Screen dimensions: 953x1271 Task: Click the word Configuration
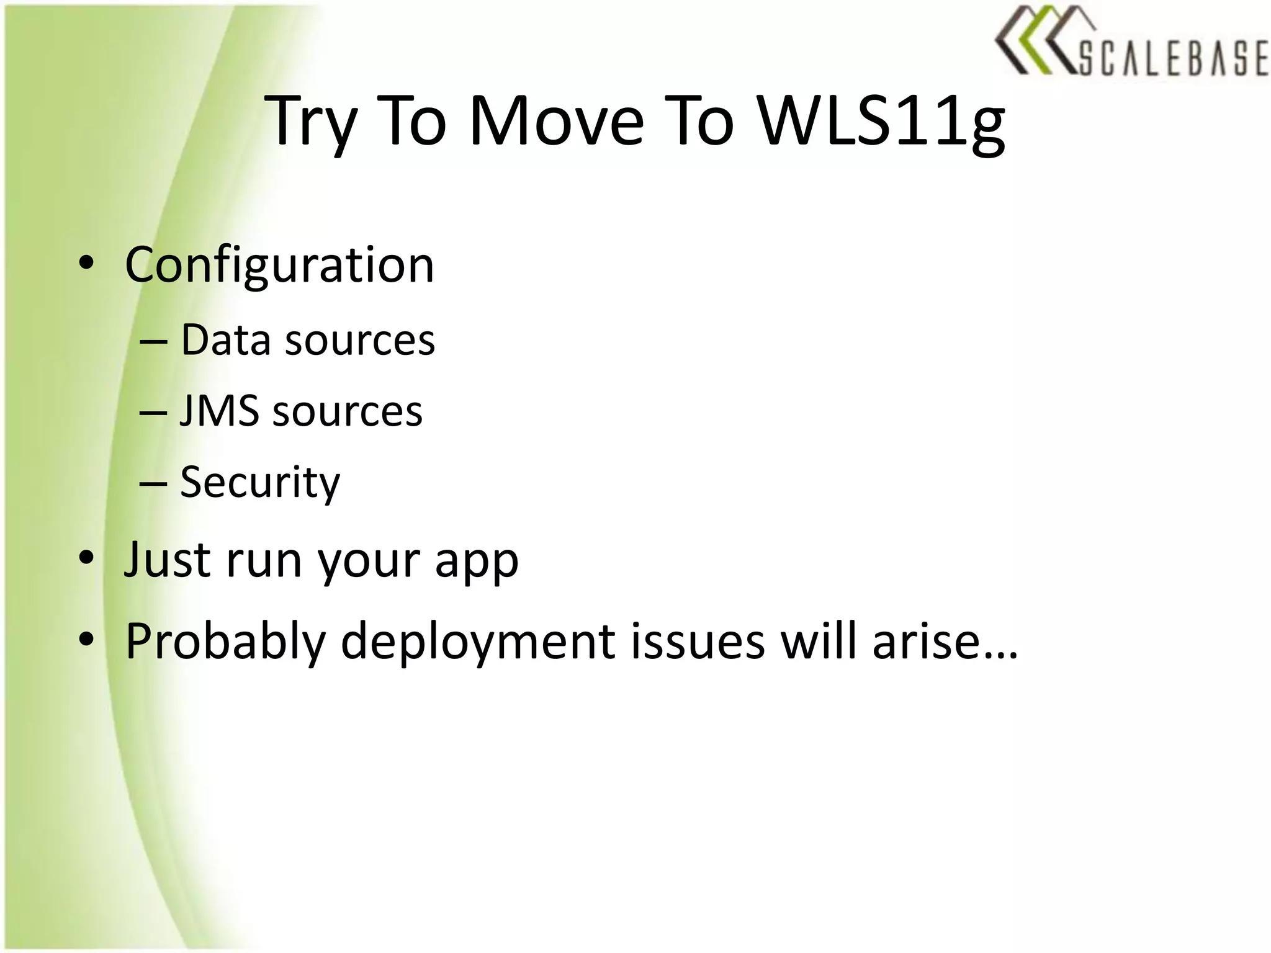(x=279, y=266)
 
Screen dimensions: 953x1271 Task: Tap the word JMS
(x=219, y=411)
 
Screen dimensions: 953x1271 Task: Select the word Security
(x=260, y=483)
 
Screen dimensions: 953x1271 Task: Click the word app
(x=476, y=562)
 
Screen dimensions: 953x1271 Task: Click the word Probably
(x=225, y=643)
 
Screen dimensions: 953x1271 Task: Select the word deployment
(x=478, y=643)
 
